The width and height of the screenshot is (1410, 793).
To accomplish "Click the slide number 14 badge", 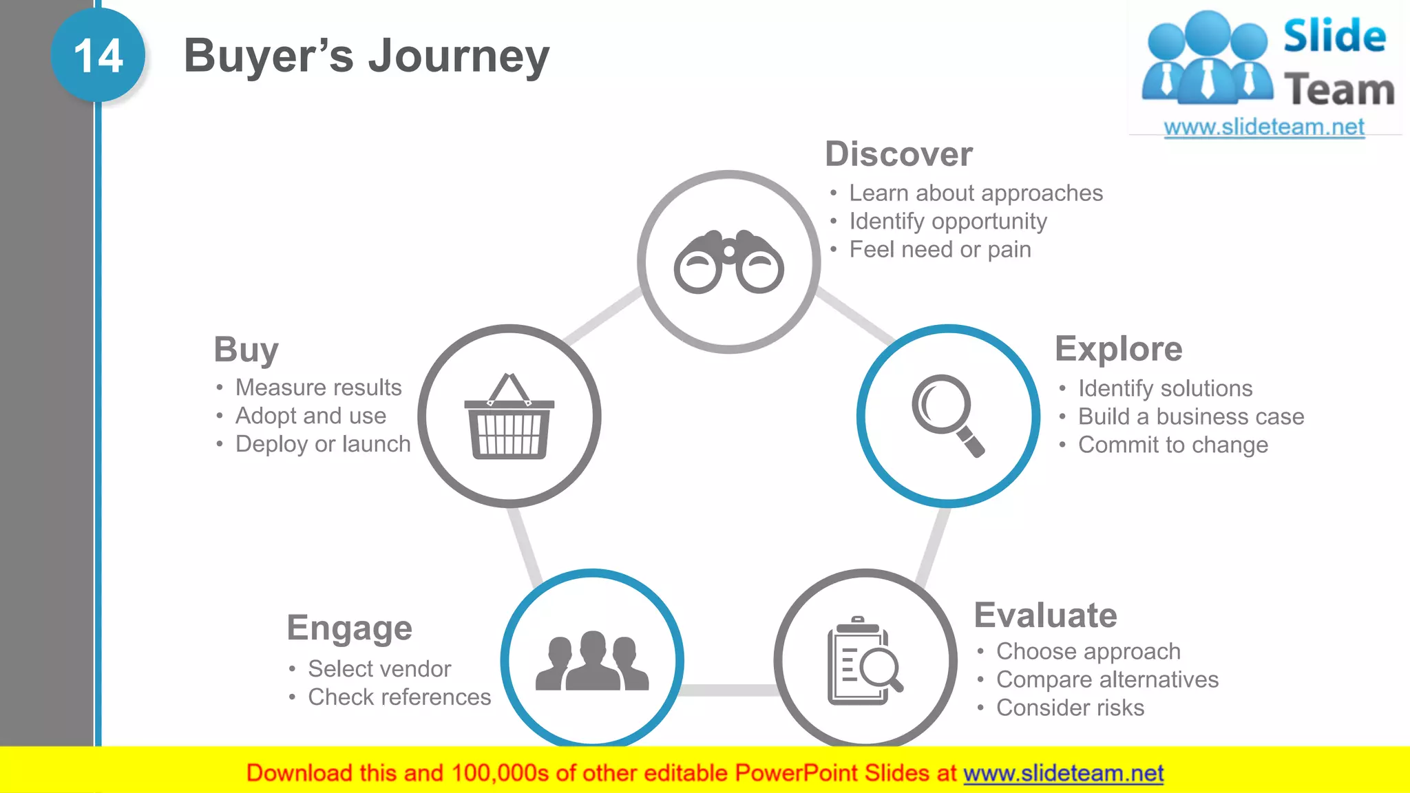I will [98, 55].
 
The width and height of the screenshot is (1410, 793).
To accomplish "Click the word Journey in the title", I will [459, 56].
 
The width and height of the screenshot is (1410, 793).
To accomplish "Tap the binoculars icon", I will [728, 262].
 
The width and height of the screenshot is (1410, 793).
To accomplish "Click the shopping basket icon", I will [509, 417].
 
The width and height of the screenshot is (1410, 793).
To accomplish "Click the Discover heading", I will [898, 154].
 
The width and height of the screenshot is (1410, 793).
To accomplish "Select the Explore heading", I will [1118, 348].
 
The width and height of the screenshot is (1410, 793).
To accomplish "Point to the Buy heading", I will [246, 350].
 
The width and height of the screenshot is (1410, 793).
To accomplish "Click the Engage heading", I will [349, 628].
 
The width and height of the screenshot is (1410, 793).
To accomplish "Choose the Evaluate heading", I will [1045, 615].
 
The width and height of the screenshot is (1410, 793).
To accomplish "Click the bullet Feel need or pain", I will [939, 249].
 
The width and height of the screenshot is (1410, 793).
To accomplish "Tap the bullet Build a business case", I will [1190, 416].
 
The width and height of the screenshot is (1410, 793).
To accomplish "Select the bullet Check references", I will [399, 697].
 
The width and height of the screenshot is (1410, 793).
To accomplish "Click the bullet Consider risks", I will [1069, 708].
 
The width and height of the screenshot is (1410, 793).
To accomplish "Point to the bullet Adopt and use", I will [310, 416].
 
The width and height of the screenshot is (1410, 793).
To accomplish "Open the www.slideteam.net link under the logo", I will [1263, 127].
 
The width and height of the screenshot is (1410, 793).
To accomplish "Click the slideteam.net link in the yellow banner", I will [1063, 773].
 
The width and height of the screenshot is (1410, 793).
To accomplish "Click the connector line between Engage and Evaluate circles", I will [728, 690].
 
